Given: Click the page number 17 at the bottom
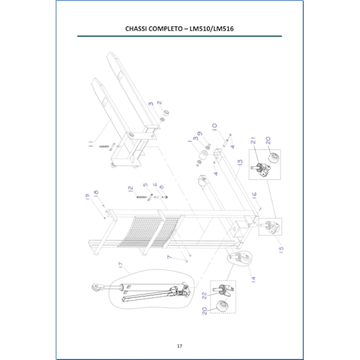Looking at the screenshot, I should click(x=179, y=346).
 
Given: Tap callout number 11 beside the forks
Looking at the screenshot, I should click(x=91, y=143).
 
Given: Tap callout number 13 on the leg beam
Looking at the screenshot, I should click(x=239, y=163).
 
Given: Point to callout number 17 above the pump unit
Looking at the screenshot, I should click(x=121, y=265).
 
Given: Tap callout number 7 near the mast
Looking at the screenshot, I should click(x=170, y=257).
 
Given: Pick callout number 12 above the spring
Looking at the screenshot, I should click(x=130, y=189).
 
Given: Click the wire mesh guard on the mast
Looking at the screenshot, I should click(x=147, y=231).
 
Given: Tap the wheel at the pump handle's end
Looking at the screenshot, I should click(x=97, y=289).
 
